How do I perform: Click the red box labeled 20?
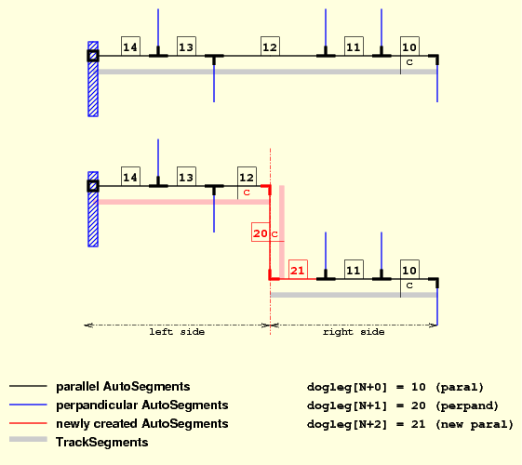coord(260,232)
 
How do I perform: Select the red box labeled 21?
coord(298,270)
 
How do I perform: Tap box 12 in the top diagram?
coord(270,46)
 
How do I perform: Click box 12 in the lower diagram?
coord(247,177)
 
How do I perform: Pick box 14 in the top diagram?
coord(130,46)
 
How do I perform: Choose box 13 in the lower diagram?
coord(186,177)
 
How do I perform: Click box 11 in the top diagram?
coord(354,46)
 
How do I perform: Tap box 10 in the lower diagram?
coord(409,270)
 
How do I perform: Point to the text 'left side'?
coord(177,332)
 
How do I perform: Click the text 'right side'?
coord(354,332)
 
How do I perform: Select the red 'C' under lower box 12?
coord(247,193)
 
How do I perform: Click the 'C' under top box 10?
coord(409,62)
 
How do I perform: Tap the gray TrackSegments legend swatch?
coord(28,439)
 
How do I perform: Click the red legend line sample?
coord(28,423)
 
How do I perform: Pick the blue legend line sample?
coord(28,405)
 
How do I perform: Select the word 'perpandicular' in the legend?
coord(97,405)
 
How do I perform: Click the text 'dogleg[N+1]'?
coord(347,406)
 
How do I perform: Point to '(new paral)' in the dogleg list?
coord(475,425)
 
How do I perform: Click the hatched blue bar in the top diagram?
coord(93,79)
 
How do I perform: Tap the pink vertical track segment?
coord(282,232)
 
